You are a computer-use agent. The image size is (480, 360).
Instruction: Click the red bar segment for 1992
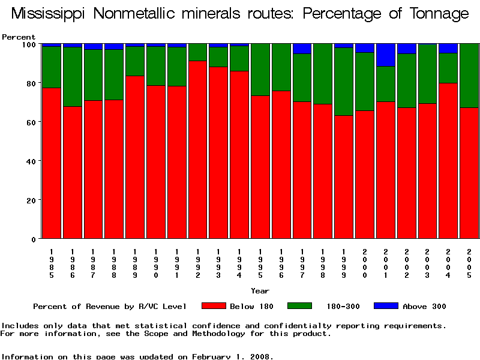[197, 150]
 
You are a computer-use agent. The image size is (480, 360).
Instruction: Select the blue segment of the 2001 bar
[385, 55]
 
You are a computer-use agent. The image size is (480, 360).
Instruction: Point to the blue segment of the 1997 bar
[302, 49]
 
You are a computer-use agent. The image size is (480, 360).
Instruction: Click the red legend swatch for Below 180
[214, 306]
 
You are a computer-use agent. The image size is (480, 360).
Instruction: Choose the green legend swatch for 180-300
[300, 306]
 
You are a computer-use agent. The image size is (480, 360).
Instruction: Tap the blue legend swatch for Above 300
[386, 306]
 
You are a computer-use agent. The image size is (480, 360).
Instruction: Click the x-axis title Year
[260, 291]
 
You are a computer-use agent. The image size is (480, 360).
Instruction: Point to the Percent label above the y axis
[19, 37]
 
